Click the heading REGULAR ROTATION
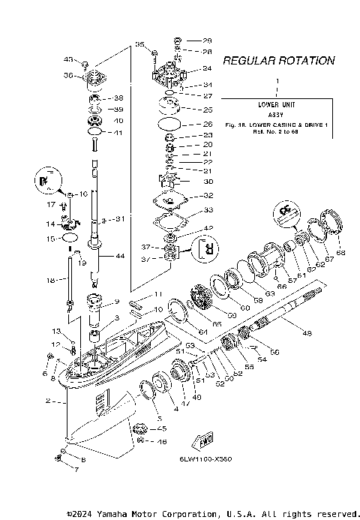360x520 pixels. (x=278, y=60)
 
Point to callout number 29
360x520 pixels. (x=207, y=40)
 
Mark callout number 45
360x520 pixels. (x=161, y=428)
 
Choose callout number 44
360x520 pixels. (x=119, y=256)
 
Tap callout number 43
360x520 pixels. (x=68, y=59)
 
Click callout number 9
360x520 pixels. (x=116, y=302)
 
